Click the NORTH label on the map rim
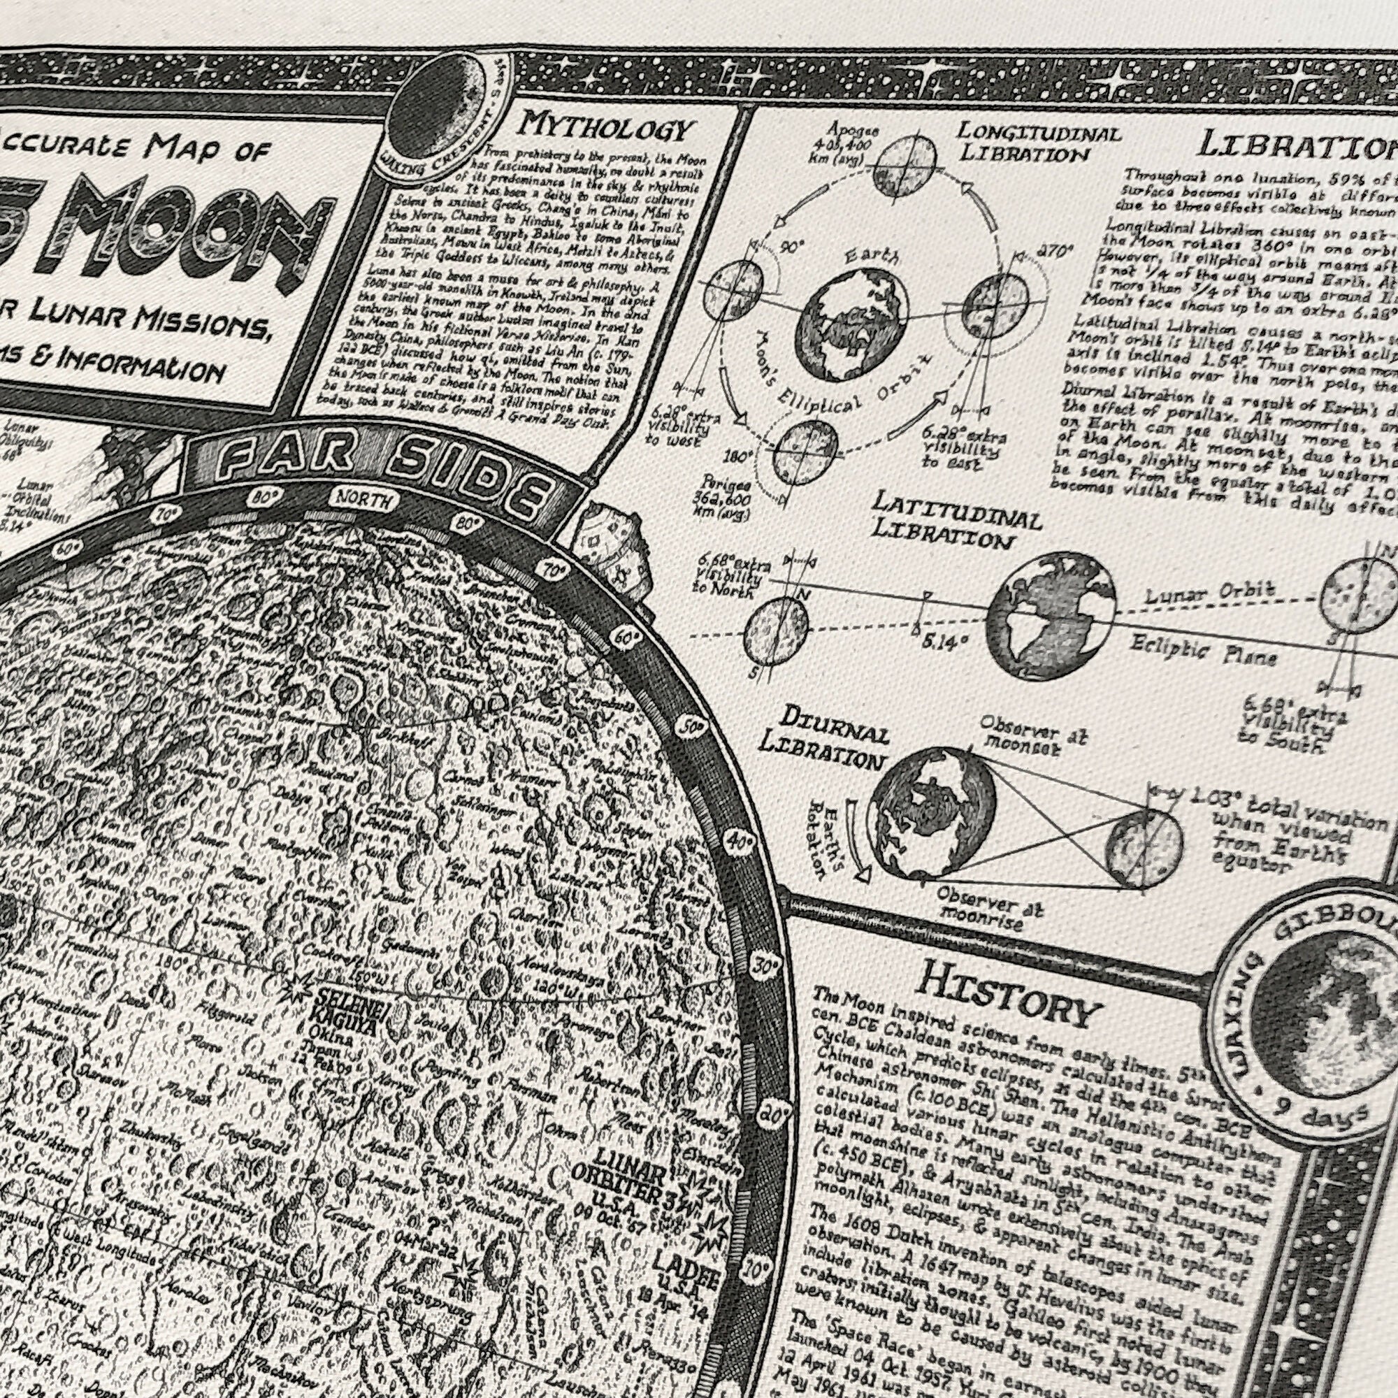pyautogui.click(x=364, y=499)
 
